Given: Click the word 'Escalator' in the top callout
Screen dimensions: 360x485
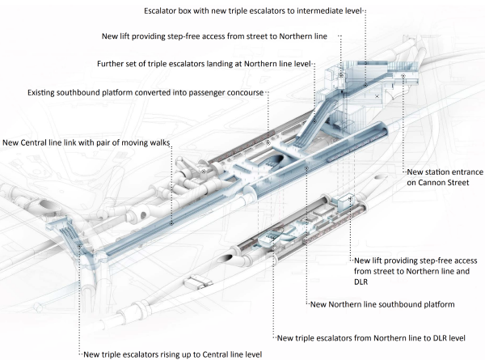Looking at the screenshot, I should (162, 12).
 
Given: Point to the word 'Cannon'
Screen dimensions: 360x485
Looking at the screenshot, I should (424, 183).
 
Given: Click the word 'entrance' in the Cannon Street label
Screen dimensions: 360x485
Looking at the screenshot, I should (466, 172).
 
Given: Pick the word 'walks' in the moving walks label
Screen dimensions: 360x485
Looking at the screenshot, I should (156, 142).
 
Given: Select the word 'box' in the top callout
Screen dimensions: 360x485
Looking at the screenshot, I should (194, 12).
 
